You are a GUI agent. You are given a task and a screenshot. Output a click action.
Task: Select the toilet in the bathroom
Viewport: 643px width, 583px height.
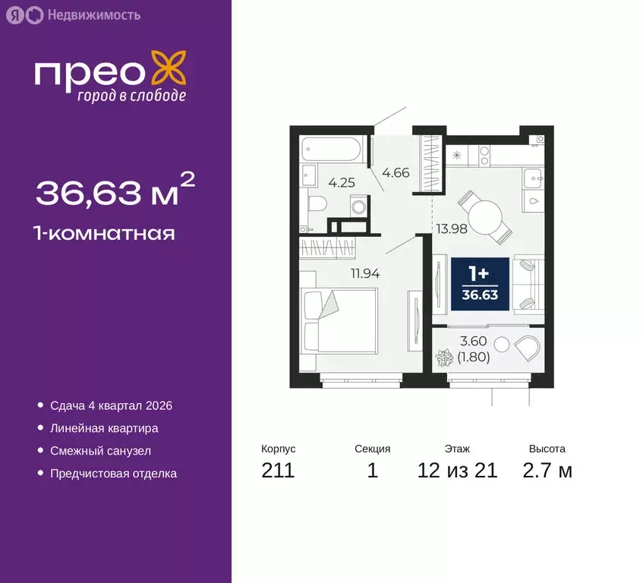click(x=318, y=203)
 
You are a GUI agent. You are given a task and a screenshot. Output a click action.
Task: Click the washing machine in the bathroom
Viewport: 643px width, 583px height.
click(x=357, y=206)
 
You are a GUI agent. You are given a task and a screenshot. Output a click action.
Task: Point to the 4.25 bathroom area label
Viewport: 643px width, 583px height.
click(x=342, y=182)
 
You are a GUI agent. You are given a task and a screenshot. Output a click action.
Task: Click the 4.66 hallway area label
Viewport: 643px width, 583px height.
click(x=396, y=172)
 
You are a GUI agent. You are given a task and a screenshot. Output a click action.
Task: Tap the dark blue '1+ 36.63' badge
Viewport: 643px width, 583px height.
click(x=480, y=283)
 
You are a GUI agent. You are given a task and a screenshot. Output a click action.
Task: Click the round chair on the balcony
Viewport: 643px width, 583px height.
click(x=528, y=349)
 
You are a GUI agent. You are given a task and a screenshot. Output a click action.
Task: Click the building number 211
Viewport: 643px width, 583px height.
click(x=278, y=471)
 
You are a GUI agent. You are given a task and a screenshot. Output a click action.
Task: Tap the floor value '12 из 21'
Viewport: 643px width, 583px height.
click(x=457, y=471)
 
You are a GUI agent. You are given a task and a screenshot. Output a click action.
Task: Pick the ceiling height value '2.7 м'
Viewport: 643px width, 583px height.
click(x=547, y=471)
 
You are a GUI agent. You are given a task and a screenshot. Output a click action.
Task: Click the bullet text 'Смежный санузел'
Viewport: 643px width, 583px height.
click(x=100, y=450)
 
